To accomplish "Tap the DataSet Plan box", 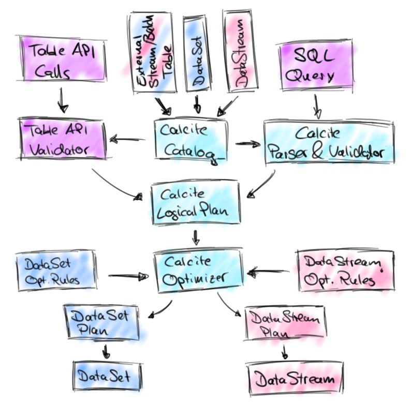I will [x=102, y=322].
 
